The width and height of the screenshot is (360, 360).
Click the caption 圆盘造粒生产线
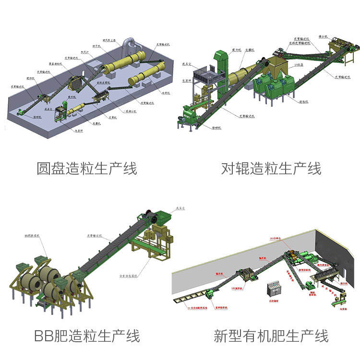tap(87, 169)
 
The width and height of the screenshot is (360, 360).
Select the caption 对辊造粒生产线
tap(271, 169)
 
